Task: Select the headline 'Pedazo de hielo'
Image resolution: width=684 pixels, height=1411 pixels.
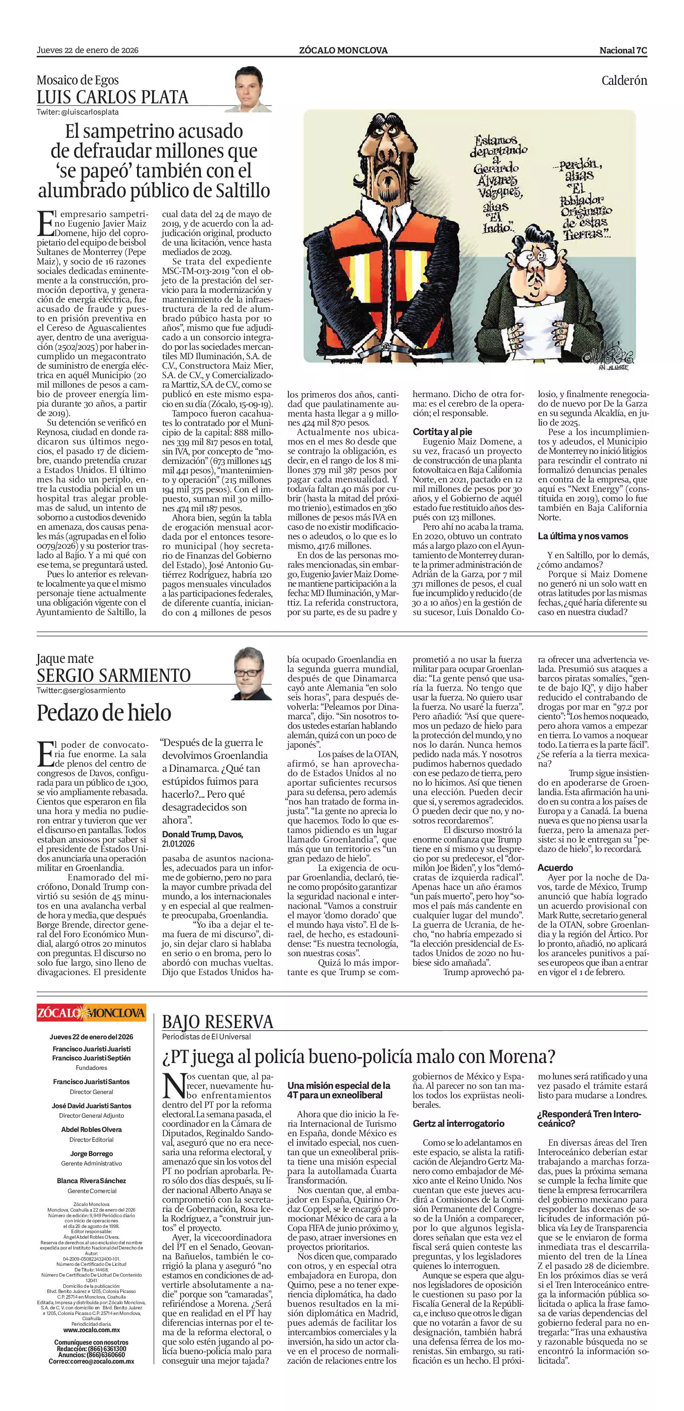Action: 104,713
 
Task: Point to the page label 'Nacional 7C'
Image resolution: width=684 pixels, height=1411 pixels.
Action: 623,50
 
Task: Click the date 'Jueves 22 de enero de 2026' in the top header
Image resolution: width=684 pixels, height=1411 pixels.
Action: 87,50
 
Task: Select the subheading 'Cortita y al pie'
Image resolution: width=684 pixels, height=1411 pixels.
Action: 442,432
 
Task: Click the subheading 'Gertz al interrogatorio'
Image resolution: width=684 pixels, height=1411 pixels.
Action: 458,1123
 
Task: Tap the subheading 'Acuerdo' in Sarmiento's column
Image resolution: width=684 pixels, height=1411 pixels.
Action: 555,867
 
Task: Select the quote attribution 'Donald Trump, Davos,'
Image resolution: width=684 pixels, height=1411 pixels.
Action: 203,834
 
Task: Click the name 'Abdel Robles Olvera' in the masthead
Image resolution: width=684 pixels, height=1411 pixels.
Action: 91,1129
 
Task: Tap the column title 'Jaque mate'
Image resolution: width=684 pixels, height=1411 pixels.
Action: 65,659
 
